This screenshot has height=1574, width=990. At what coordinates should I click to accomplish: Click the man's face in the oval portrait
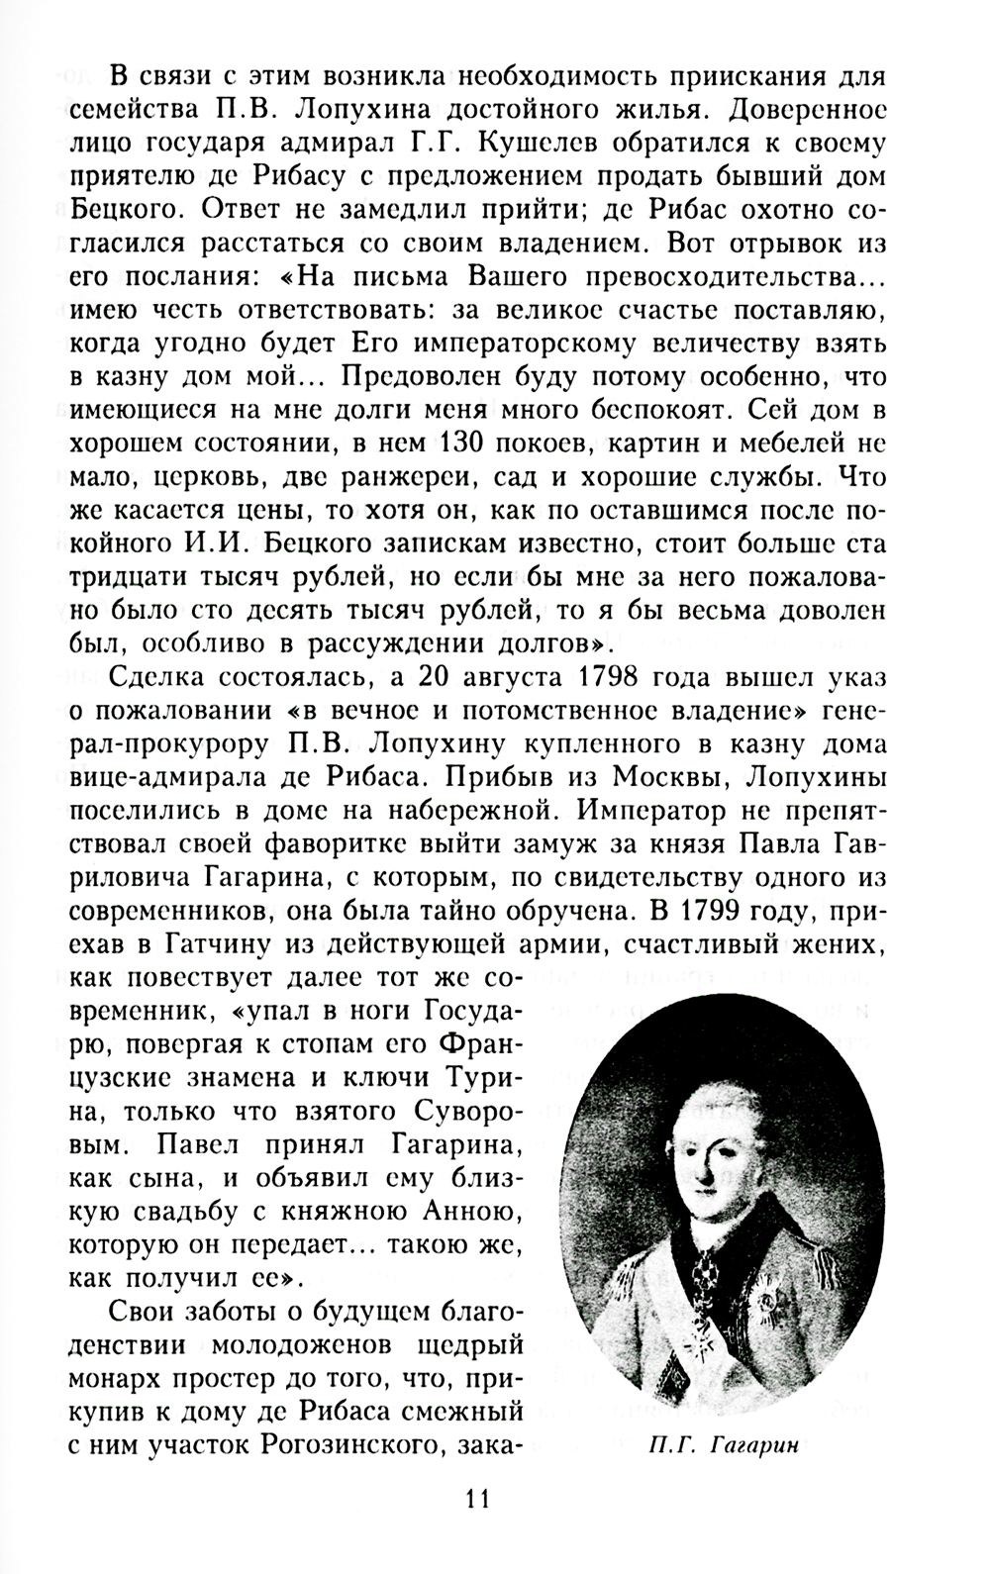point(711,1141)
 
